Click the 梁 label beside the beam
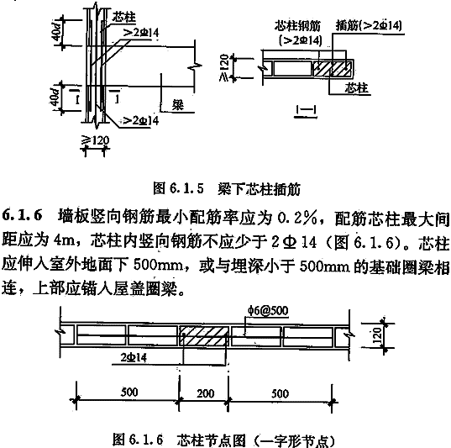coord(178,105)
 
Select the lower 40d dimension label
coord(55,98)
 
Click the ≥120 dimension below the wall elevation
coord(96,140)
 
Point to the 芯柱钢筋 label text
coord(297,26)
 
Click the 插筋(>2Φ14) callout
coord(369,26)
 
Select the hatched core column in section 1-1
coord(332,69)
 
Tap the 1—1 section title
coord(306,110)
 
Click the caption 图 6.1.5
coord(178,188)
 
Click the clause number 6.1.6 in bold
coord(23,215)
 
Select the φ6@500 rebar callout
coord(268,311)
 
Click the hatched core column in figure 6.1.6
coord(203,335)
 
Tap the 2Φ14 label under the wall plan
coord(134,358)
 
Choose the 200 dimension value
coord(206,393)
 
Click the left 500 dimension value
coord(129,392)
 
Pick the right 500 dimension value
coord(280,393)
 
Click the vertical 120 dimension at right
coord(377,335)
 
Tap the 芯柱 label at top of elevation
coord(123,17)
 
